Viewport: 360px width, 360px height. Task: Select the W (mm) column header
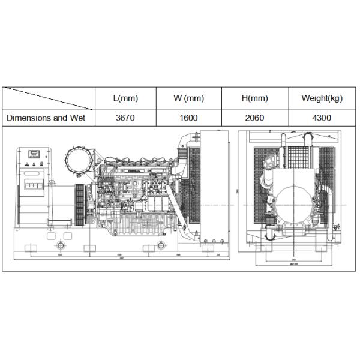(188, 98)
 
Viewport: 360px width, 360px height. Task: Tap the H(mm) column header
(254, 98)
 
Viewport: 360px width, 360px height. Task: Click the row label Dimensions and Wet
(46, 118)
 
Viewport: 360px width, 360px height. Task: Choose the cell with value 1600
(188, 118)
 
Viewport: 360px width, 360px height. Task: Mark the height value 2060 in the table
(254, 118)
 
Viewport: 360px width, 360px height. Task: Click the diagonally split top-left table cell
(49, 98)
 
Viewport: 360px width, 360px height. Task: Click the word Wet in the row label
(77, 118)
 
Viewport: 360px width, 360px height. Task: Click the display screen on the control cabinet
(35, 152)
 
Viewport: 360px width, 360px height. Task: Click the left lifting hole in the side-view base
(61, 245)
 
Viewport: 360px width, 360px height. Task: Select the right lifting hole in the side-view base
(161, 245)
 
